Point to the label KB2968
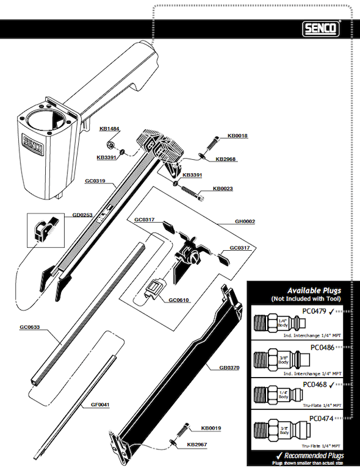click(225, 159)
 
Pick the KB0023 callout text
click(223, 189)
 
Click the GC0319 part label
click(95, 181)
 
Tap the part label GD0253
click(82, 215)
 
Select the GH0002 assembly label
click(245, 222)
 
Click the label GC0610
click(179, 300)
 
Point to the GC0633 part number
click(30, 328)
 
